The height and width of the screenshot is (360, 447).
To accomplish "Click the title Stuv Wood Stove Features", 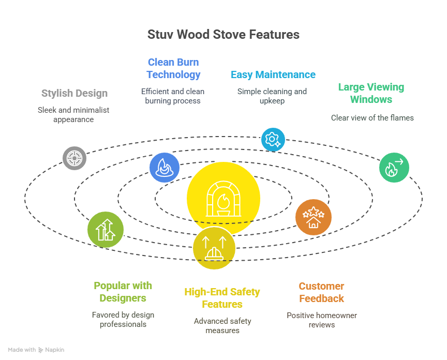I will (223, 35).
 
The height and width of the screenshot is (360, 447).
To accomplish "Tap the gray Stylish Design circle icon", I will (74, 158).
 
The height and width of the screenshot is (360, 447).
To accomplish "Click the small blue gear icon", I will (273, 139).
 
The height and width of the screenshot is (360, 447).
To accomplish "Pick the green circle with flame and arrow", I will (394, 167).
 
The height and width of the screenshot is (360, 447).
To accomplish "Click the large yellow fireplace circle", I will (223, 199).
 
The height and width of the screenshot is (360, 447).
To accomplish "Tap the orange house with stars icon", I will (313, 217).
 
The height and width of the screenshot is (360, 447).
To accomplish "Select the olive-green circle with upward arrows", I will (106, 229).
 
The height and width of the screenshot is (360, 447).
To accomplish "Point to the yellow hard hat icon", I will (214, 248).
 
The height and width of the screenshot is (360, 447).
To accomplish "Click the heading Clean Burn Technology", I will (173, 68).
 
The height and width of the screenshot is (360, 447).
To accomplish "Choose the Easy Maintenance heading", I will (273, 74).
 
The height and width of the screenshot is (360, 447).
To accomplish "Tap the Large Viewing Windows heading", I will (371, 93).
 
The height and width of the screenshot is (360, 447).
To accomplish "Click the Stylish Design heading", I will (74, 93).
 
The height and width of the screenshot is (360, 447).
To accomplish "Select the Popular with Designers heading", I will (123, 292).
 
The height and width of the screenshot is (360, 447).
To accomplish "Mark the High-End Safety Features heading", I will (222, 298).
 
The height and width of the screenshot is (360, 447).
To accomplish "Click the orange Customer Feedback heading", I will (321, 292).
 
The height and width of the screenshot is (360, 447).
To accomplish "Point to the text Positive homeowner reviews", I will (322, 320).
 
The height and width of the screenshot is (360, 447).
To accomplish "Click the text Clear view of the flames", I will (372, 117).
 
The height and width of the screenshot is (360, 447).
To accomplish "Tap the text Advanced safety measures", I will (222, 325).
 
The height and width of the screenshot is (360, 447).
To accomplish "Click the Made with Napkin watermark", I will (36, 350).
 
